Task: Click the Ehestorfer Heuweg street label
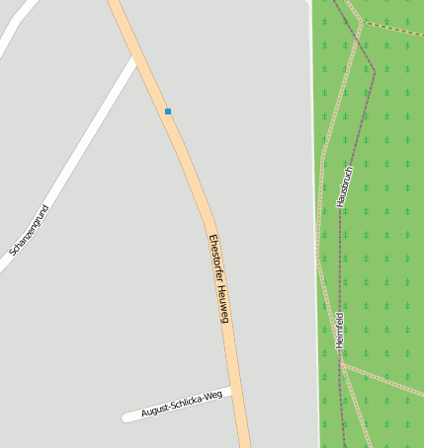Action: pyautogui.click(x=218, y=278)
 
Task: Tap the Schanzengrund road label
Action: pyautogui.click(x=29, y=230)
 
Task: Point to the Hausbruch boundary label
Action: pyautogui.click(x=344, y=185)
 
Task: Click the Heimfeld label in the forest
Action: pyautogui.click(x=340, y=330)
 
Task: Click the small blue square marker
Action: pyautogui.click(x=168, y=112)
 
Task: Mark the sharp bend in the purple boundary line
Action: pyautogui.click(x=375, y=70)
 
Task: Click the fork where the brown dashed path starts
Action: pyautogui.click(x=364, y=22)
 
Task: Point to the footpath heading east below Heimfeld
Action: pyautogui.click(x=385, y=379)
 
